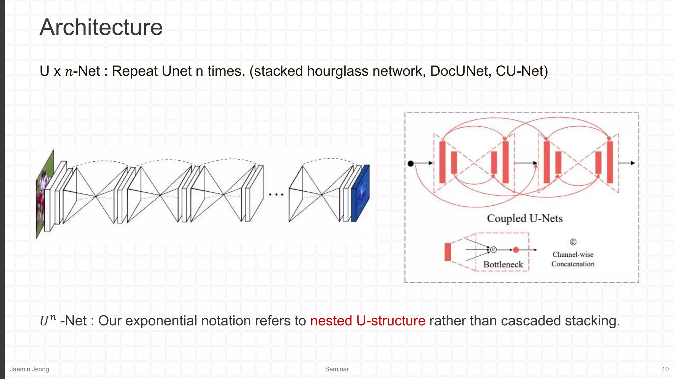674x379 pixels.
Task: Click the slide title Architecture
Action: click(101, 27)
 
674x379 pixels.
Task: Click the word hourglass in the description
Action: click(337, 71)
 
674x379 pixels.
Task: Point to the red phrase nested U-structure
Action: click(368, 321)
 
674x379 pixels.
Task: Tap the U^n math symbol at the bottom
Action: click(48, 320)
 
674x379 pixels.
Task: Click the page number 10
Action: click(665, 369)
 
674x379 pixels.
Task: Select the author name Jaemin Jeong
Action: click(29, 369)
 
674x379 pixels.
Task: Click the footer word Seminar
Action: click(337, 369)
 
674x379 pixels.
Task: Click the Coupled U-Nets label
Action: click(525, 218)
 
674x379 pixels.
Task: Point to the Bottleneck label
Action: click(503, 265)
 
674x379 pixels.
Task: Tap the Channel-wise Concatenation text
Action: click(573, 259)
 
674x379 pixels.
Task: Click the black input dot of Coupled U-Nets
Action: click(410, 164)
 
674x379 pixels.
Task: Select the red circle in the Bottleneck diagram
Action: click(516, 250)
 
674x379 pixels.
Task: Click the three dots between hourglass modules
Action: click(276, 195)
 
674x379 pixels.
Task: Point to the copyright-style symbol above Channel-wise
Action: click(573, 242)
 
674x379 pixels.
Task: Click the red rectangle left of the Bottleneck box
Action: click(448, 252)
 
